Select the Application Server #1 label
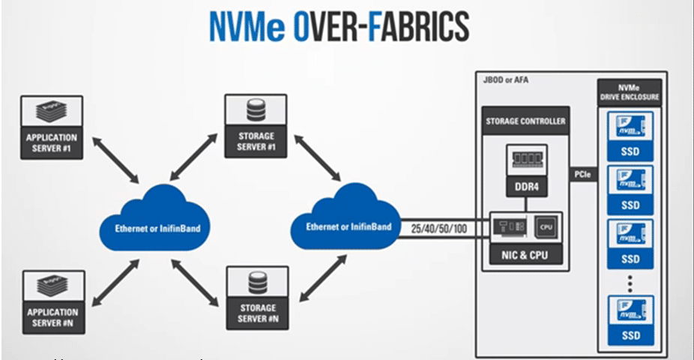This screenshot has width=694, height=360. click(52, 142)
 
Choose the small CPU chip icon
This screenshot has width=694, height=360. click(546, 225)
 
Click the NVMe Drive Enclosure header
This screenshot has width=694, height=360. click(630, 91)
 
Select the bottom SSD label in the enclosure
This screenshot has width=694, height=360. click(630, 336)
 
